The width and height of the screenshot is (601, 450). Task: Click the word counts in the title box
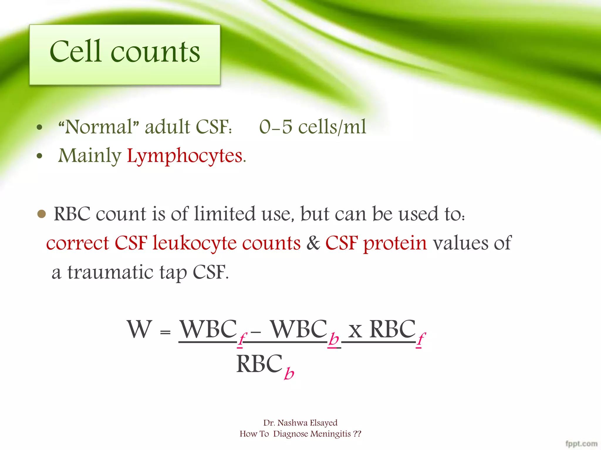click(x=156, y=53)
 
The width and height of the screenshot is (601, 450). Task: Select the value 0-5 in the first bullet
click(x=276, y=127)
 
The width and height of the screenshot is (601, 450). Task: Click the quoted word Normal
click(x=99, y=127)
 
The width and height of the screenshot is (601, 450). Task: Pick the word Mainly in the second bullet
click(x=90, y=156)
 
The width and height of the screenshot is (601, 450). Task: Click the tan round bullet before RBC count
click(x=42, y=214)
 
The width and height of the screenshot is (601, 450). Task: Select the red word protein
click(x=395, y=243)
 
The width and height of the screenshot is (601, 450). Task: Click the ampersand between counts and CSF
click(x=313, y=243)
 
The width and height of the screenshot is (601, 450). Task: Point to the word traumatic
click(x=110, y=272)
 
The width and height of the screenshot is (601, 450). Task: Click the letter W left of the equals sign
click(x=139, y=329)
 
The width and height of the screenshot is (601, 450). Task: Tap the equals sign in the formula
click(x=165, y=332)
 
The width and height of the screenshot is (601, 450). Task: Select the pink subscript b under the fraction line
click(x=289, y=374)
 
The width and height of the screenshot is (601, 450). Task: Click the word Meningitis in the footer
click(x=331, y=434)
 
